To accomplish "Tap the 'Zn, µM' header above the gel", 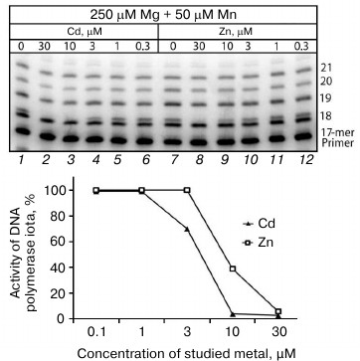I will pos(244,31).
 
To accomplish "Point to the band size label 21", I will pos(327,66).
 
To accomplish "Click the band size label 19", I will pos(327,98).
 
